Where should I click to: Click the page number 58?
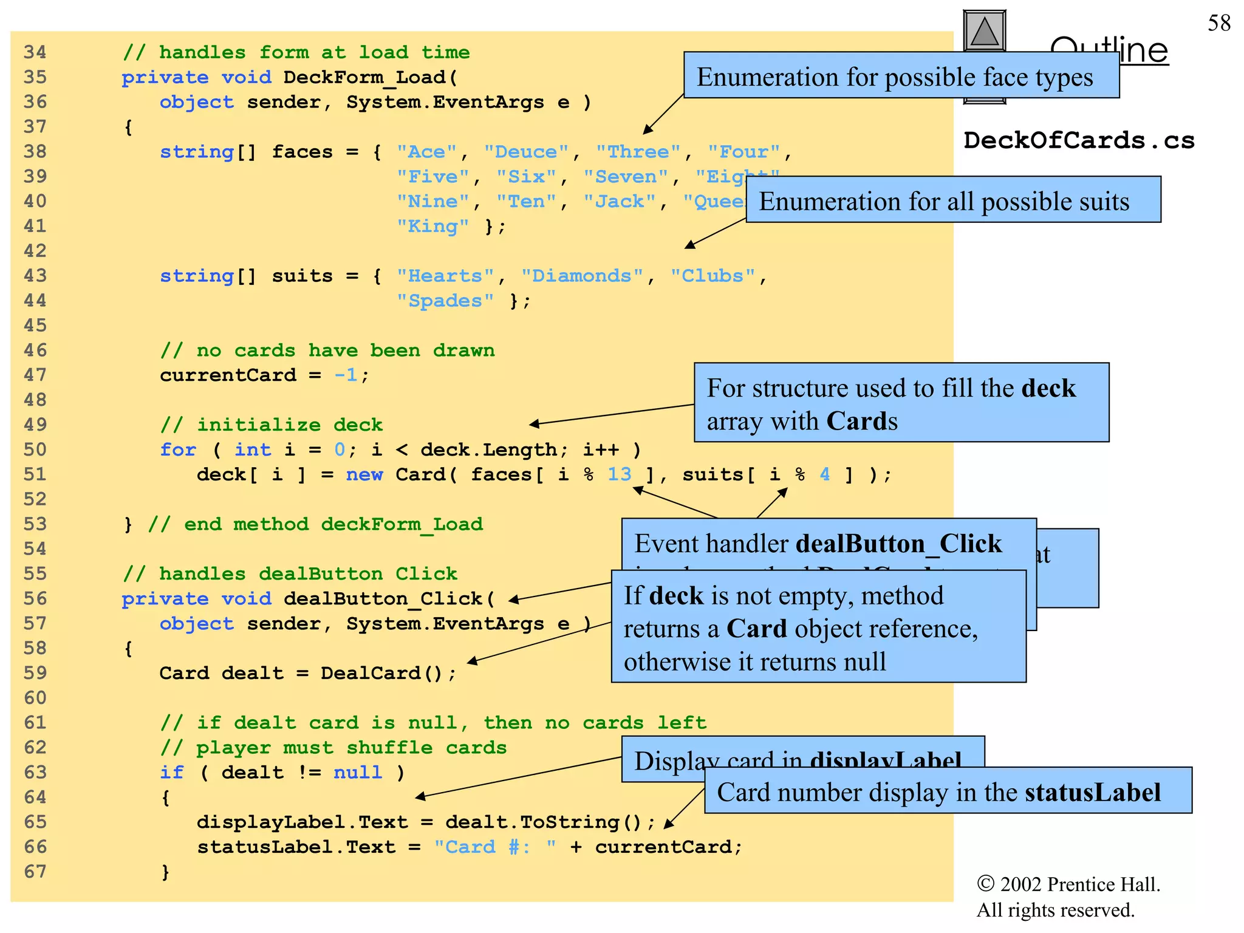click(1218, 23)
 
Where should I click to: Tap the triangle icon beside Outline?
click(985, 31)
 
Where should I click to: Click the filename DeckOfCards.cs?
click(1079, 140)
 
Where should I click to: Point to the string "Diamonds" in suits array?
click(581, 276)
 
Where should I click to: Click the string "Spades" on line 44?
click(445, 301)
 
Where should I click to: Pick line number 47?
click(35, 375)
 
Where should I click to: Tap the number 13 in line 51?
click(620, 474)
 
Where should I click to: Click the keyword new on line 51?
click(364, 474)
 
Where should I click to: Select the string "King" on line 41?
click(432, 226)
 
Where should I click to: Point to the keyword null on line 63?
click(358, 773)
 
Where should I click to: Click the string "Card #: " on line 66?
click(495, 847)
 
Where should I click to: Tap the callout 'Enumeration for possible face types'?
click(894, 77)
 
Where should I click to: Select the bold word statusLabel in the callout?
click(1092, 792)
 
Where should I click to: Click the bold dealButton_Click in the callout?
click(898, 544)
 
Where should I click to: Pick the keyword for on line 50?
click(178, 449)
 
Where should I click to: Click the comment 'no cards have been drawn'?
click(345, 350)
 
